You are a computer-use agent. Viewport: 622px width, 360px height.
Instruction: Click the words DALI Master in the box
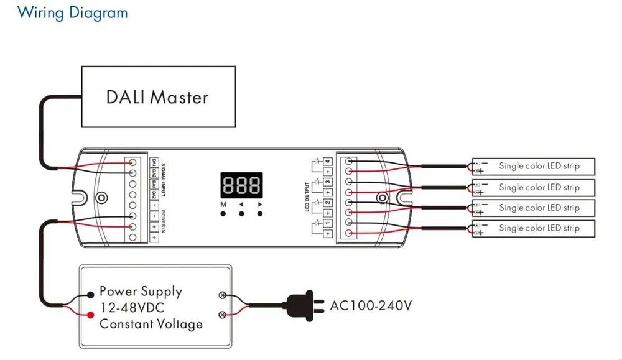(x=157, y=96)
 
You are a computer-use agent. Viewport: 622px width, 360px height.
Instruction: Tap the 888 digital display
(x=241, y=185)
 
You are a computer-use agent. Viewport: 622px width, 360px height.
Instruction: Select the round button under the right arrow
(x=259, y=213)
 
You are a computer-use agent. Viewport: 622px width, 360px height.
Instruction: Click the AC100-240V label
(x=370, y=305)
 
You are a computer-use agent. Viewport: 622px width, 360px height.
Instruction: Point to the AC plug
(x=305, y=305)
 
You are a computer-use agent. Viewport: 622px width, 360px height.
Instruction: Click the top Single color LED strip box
(x=533, y=166)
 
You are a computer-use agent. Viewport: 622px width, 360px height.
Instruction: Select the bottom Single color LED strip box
(x=533, y=228)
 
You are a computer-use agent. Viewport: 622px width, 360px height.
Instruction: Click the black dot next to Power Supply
(x=91, y=292)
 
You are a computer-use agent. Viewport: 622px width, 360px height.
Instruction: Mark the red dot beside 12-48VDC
(x=91, y=308)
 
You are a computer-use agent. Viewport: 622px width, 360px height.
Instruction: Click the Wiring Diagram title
(x=73, y=12)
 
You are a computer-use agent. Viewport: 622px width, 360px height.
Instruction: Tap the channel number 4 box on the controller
(x=327, y=162)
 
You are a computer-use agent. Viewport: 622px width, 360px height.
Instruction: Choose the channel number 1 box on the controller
(x=327, y=223)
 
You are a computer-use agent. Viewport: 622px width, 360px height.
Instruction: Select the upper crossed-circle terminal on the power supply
(x=221, y=297)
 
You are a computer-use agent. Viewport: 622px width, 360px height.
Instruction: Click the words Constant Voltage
(x=151, y=324)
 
